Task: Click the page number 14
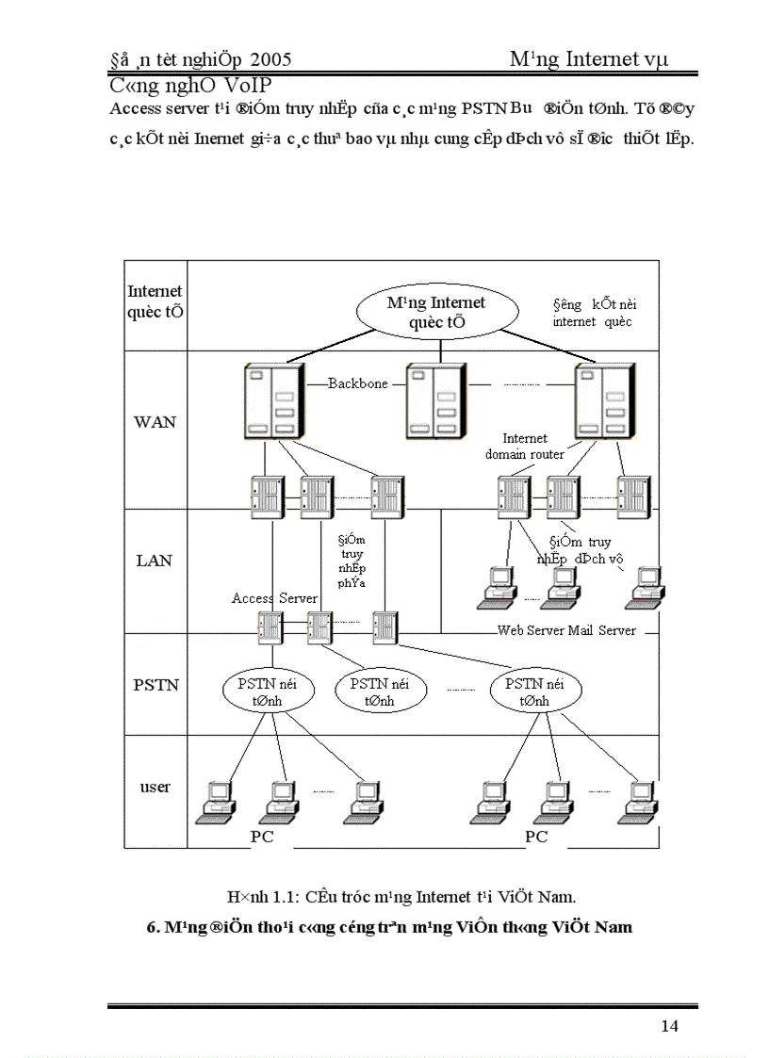coord(669,1026)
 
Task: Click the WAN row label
coord(155,422)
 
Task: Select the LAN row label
coord(155,561)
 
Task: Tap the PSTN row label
coord(155,685)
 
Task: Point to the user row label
coord(155,787)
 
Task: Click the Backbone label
coord(358,383)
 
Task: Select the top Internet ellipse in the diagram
coord(436,312)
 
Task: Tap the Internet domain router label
coord(525,447)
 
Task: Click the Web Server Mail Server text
coord(566,630)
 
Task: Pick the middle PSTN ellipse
coord(378,692)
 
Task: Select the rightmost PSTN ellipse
coord(534,692)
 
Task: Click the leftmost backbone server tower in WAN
coord(270,400)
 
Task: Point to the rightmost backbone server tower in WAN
coord(602,400)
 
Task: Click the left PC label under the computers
coord(262,837)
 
